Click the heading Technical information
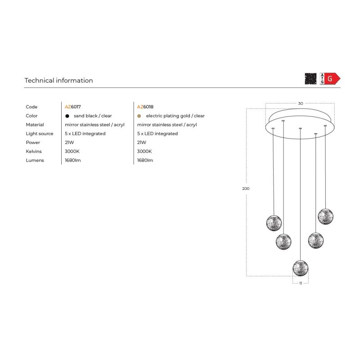pyautogui.click(x=59, y=81)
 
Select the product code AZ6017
pyautogui.click(x=73, y=107)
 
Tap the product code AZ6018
pyautogui.click(x=145, y=107)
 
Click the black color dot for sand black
pyautogui.click(x=67, y=116)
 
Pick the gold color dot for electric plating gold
pyautogui.click(x=139, y=116)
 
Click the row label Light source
pyautogui.click(x=40, y=134)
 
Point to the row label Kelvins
pyautogui.click(x=34, y=151)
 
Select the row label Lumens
pyautogui.click(x=35, y=160)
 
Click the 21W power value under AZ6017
pyautogui.click(x=69, y=142)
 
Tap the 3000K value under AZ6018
pyautogui.click(x=144, y=151)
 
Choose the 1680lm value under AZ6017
pyautogui.click(x=73, y=160)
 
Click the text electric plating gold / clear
pyautogui.click(x=175, y=116)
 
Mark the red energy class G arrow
pyautogui.click(x=333, y=79)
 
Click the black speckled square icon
pyautogui.click(x=310, y=79)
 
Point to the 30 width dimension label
pyautogui.click(x=301, y=103)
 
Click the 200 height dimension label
pyautogui.click(x=246, y=189)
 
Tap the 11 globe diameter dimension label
pyautogui.click(x=301, y=283)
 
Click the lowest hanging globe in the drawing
pyautogui.click(x=301, y=268)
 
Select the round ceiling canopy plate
pyautogui.click(x=300, y=124)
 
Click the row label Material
pyautogui.click(x=35, y=125)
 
